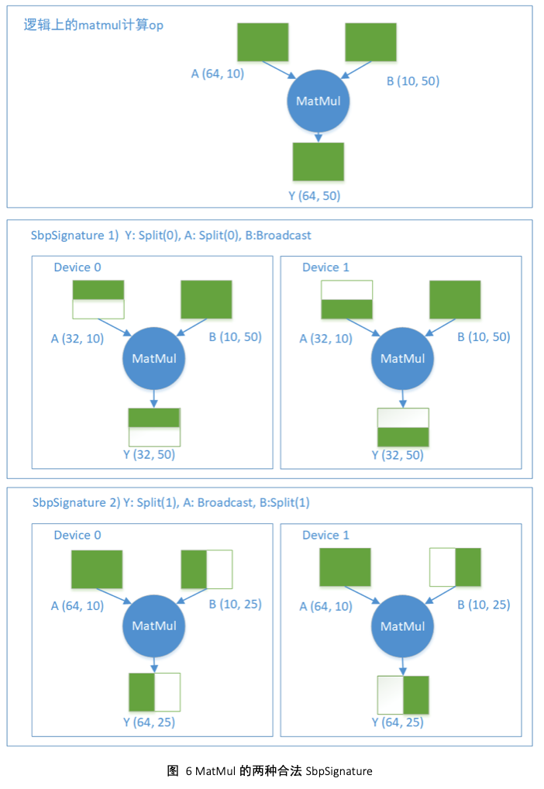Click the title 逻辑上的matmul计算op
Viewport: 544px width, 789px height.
(93, 25)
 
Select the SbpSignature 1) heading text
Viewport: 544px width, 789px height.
(170, 235)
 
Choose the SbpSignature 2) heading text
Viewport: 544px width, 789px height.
(170, 502)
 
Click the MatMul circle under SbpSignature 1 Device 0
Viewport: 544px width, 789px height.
(153, 358)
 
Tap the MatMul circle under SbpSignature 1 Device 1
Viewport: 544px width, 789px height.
(402, 358)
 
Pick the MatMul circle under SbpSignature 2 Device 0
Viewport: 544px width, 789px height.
(153, 625)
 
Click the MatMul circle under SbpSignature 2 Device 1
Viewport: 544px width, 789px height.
(402, 625)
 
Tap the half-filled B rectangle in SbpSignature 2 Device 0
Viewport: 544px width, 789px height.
(207, 570)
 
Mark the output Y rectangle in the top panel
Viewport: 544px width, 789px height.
(318, 161)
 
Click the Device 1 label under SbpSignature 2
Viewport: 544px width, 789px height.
(325, 535)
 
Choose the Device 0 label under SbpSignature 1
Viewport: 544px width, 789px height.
(77, 267)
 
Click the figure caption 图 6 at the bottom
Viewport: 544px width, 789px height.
(270, 771)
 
